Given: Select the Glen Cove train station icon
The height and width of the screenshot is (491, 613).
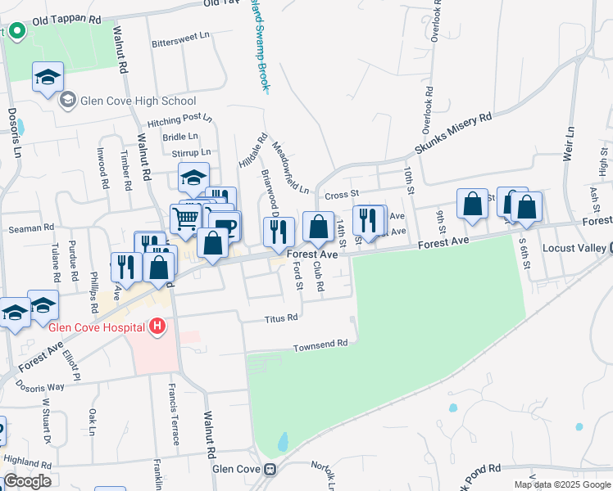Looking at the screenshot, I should (x=268, y=470).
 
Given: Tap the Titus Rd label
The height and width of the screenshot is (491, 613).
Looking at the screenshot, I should (x=280, y=318).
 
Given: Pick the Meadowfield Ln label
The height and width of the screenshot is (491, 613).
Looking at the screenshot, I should (x=290, y=166).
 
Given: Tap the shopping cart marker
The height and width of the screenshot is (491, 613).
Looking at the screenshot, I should (x=185, y=218).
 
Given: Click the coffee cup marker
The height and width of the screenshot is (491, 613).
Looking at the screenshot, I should (x=225, y=224).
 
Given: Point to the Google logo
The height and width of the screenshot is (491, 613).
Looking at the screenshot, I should (x=27, y=481).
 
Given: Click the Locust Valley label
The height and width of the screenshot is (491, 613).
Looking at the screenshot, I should (x=574, y=247).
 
